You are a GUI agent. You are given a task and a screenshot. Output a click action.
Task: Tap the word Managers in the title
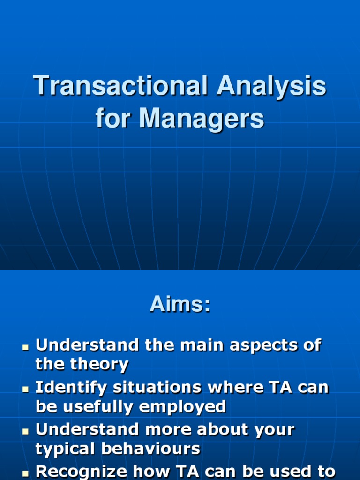click(x=201, y=119)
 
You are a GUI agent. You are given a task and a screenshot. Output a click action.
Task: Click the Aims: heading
click(x=180, y=305)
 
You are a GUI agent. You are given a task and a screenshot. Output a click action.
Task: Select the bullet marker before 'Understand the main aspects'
click(x=25, y=347)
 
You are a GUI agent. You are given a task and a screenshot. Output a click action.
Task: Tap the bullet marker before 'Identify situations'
click(x=25, y=390)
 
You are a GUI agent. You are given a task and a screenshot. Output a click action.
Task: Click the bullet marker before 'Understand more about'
click(x=25, y=432)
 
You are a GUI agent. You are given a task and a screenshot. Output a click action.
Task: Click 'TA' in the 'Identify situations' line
click(x=276, y=388)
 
